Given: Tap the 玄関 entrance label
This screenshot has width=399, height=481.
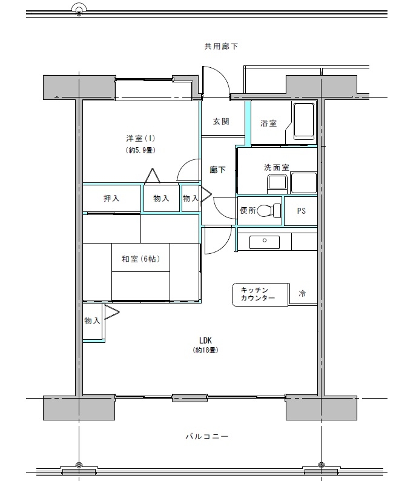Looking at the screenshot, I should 221,122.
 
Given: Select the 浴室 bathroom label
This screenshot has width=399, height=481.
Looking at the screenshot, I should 268,124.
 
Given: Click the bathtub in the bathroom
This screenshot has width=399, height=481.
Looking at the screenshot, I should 303,122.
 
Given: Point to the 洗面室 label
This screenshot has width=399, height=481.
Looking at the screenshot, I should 276,167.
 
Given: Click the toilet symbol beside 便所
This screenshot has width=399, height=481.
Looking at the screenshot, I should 275,211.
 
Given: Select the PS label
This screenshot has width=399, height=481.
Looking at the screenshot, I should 301,211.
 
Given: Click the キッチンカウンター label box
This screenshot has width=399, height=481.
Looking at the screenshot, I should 258,294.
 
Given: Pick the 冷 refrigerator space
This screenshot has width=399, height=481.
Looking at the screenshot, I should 302,294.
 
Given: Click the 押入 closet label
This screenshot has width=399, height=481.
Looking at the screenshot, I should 111,198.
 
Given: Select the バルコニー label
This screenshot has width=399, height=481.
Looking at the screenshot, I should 207,436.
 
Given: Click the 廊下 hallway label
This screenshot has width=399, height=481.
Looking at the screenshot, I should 217,170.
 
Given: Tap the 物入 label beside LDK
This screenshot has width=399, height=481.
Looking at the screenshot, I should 92,321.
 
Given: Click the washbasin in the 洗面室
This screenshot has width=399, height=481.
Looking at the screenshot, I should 277,182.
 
